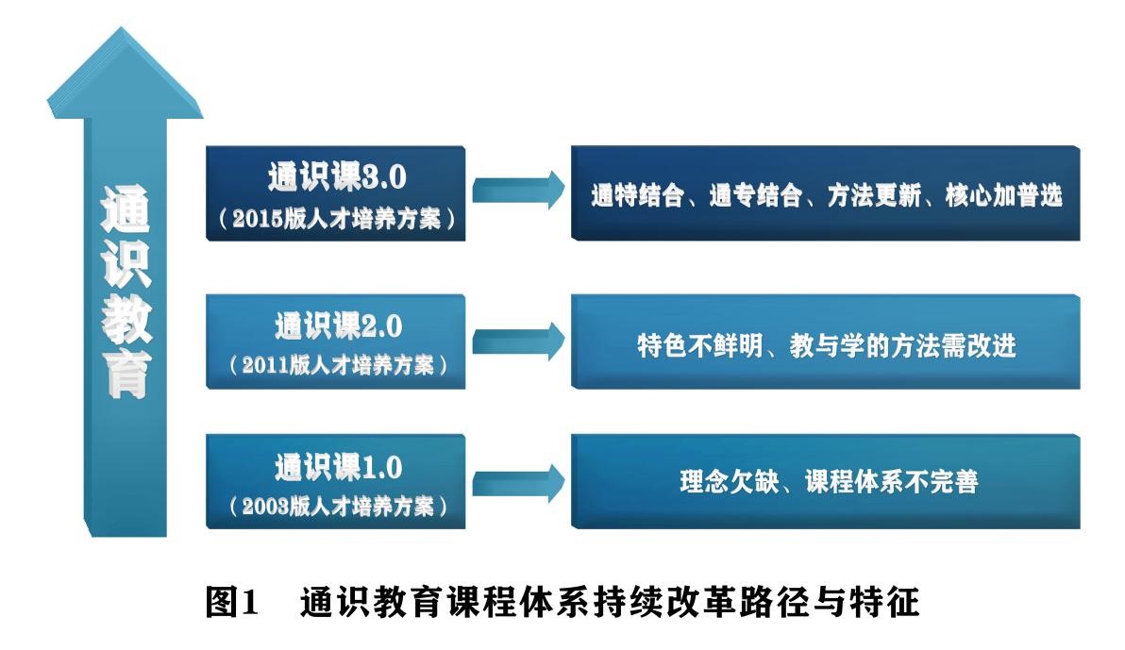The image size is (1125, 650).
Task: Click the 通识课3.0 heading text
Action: tap(337, 177)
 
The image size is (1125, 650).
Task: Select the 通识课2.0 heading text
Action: tap(338, 326)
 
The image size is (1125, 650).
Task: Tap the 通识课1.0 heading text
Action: tap(338, 468)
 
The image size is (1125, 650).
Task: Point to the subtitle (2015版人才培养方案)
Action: tap(337, 218)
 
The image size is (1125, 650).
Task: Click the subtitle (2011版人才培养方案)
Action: tap(337, 365)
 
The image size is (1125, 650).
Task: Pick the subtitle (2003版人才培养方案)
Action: tap(337, 507)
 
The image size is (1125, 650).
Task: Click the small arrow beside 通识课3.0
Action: tap(519, 191)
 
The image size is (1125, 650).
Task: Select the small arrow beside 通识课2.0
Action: tap(519, 342)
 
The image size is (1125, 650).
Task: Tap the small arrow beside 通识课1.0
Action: tap(519, 483)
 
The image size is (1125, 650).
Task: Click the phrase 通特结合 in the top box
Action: tap(637, 195)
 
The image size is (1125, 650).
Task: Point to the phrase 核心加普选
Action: tap(1004, 195)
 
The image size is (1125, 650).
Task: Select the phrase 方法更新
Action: tap(874, 195)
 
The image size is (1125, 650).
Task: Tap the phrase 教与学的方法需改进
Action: tap(902, 346)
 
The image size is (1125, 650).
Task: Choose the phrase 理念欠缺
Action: tap(729, 481)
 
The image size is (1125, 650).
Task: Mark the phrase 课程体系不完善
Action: tap(891, 481)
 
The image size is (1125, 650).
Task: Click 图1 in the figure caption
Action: tap(231, 601)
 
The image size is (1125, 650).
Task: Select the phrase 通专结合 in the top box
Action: tap(755, 195)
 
